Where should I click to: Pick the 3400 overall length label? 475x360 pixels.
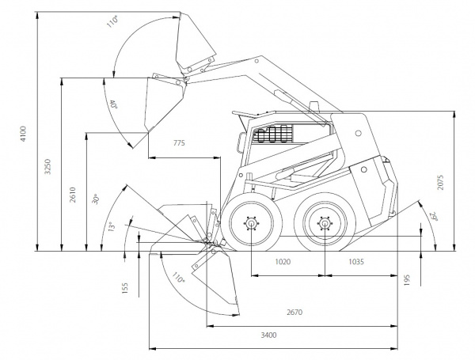[x=268, y=336]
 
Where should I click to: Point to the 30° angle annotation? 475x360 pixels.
[x=95, y=200]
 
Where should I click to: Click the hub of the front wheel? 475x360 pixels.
[x=251, y=224]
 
